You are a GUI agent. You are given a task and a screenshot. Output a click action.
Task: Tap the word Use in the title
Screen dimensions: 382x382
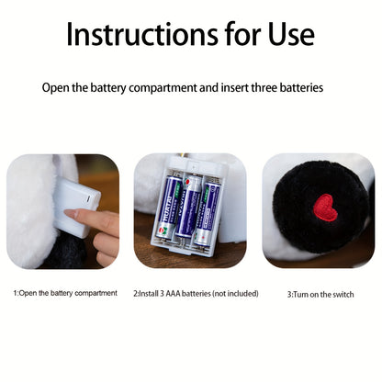[291, 34]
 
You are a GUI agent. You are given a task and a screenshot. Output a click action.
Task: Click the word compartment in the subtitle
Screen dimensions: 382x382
[163, 88]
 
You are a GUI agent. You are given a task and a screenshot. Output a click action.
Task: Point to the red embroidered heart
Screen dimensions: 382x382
[325, 208]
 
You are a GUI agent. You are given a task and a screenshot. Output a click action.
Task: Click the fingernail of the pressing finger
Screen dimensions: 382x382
[71, 213]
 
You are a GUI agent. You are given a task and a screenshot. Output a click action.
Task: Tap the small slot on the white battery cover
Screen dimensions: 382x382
[89, 198]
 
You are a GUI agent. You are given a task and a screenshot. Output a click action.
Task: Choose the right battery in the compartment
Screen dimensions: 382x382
[207, 213]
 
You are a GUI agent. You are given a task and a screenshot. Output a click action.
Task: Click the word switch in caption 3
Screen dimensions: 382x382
[343, 295]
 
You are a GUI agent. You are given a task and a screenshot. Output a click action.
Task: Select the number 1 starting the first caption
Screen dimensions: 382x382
[15, 293]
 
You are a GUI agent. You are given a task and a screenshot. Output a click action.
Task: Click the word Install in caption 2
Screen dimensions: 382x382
[149, 294]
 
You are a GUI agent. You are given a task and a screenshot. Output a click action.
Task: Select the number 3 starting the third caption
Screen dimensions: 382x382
[289, 295]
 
